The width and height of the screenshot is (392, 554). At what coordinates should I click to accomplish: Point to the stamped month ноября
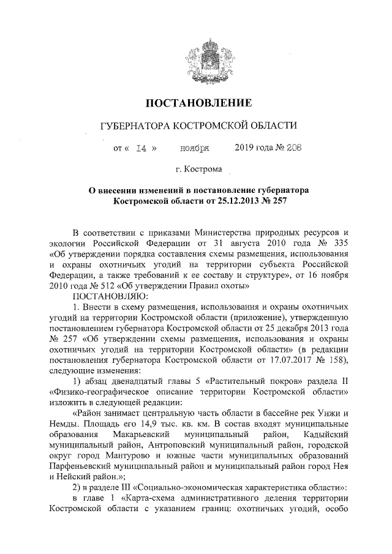click(x=194, y=148)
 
